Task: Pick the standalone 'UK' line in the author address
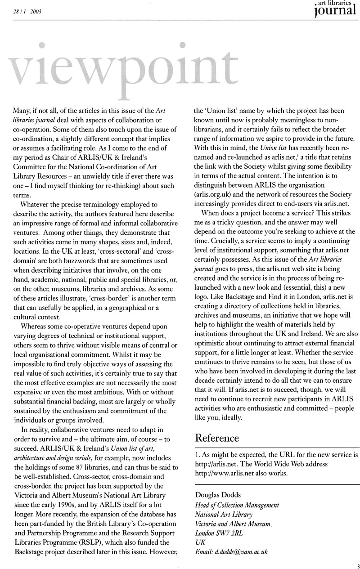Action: [x=199, y=541]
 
